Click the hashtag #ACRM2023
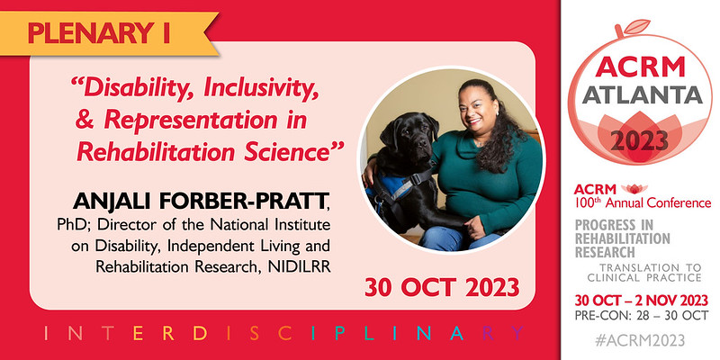(x=639, y=340)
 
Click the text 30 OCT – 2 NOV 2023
(x=639, y=299)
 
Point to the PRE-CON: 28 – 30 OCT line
(x=639, y=315)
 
